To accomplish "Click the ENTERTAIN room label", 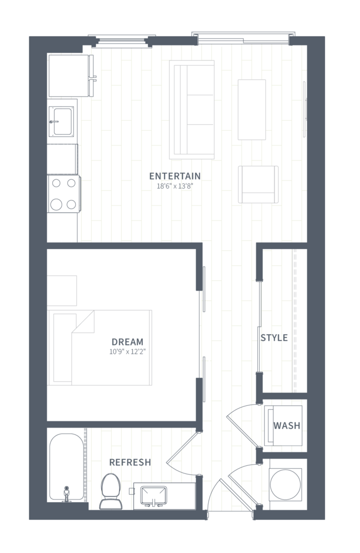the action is coord(175,176).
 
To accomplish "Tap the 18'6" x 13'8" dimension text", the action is coord(175,186).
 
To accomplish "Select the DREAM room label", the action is coord(127,342).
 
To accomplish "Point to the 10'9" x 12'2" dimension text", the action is coord(128,351).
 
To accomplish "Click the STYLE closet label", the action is coord(274,337).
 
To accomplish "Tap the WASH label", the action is coord(287,426).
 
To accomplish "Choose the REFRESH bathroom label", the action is coord(130,462).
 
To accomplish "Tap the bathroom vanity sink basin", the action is coord(153,495).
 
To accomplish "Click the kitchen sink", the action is coord(61,121).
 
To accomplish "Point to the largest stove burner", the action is coord(56,204).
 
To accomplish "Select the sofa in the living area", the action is coord(192,110).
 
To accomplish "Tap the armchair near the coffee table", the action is coord(258,185).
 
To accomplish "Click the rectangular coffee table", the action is coord(252,110).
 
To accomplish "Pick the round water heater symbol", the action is coord(285,485).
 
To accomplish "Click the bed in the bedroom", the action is coord(99,348).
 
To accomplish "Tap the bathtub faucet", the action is coord(66,494).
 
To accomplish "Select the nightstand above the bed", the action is coord(62,291).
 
